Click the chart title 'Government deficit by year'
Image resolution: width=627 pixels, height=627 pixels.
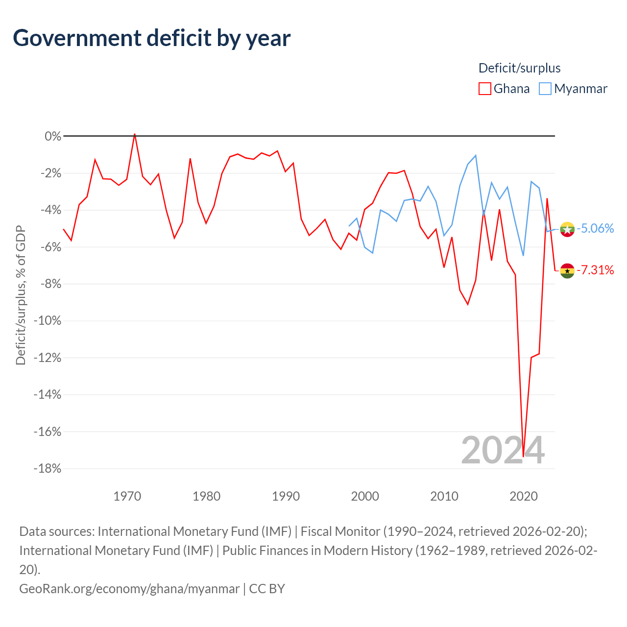point(151,38)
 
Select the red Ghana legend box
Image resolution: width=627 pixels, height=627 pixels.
point(484,89)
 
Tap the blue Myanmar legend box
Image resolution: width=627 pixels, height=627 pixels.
point(545,89)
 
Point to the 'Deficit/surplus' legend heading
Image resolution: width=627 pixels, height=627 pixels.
point(519,68)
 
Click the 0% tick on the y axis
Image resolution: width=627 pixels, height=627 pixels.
point(53,136)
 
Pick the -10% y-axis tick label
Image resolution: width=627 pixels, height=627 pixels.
point(48,321)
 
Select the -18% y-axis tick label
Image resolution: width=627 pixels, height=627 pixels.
point(48,469)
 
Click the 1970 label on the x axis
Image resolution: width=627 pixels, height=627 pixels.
point(127,496)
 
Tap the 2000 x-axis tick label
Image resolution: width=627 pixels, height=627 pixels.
point(365,496)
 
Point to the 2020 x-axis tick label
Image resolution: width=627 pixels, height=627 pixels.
point(524,496)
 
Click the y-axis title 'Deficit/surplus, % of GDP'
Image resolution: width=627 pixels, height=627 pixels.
point(21,295)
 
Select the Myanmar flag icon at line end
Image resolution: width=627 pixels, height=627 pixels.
point(567,229)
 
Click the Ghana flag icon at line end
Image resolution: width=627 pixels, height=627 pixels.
point(567,271)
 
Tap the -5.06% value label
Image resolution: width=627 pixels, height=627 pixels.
point(595,228)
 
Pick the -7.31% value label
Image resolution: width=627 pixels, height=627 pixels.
point(595,270)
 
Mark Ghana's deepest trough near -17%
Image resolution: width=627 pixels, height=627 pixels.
point(523,457)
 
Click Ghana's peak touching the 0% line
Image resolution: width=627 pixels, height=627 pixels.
point(135,134)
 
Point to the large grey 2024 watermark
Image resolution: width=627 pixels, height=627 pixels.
point(503,450)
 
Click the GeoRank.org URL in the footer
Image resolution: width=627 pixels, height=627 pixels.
point(129,589)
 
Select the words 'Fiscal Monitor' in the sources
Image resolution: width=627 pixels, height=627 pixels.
point(340,531)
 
